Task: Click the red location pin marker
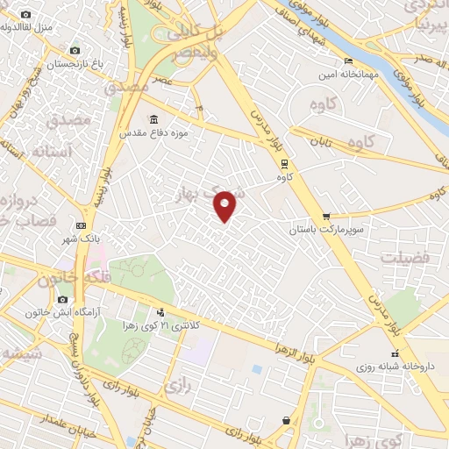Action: click(225, 205)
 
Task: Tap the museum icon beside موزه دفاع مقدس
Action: click(154, 119)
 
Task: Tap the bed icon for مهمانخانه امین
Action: click(349, 61)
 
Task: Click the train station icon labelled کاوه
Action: click(283, 163)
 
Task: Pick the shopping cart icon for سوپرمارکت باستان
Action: click(326, 216)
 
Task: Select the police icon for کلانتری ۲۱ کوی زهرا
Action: click(160, 312)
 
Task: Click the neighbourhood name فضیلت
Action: click(404, 258)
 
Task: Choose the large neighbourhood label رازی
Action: click(176, 383)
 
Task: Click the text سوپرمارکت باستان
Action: click(325, 230)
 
